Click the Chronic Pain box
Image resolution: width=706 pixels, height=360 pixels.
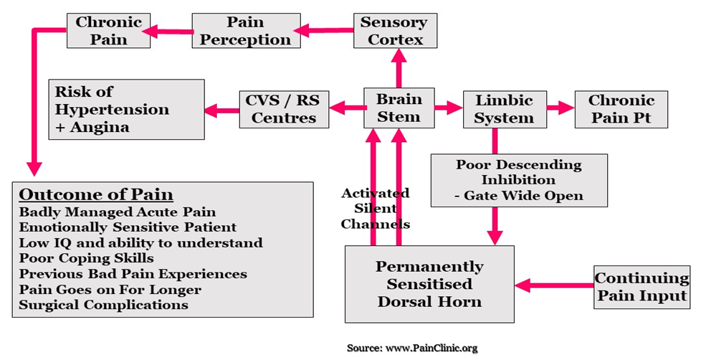(108, 31)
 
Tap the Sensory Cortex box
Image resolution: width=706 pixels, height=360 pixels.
(395, 31)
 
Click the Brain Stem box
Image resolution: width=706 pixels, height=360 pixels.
(399, 108)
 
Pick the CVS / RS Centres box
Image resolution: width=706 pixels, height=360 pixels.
(284, 109)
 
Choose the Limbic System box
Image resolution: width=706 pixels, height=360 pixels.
(504, 109)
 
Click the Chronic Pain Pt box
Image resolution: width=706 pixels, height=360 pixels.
(621, 109)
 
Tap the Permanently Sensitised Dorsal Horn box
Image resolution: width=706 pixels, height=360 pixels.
(429, 284)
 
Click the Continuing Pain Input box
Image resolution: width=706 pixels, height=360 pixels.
(641, 287)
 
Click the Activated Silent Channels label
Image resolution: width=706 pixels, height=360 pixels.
(375, 208)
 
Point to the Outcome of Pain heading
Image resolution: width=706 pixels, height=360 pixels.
(95, 195)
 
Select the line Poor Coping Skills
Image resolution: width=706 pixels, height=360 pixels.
(86, 258)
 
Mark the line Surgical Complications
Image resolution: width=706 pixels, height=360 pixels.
(103, 305)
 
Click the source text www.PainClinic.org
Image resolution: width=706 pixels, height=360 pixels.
(411, 348)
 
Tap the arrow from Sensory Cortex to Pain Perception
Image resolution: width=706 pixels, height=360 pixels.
(323, 31)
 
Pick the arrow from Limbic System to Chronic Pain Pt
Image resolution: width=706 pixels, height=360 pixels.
(561, 109)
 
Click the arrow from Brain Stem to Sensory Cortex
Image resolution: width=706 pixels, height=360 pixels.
(399, 68)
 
